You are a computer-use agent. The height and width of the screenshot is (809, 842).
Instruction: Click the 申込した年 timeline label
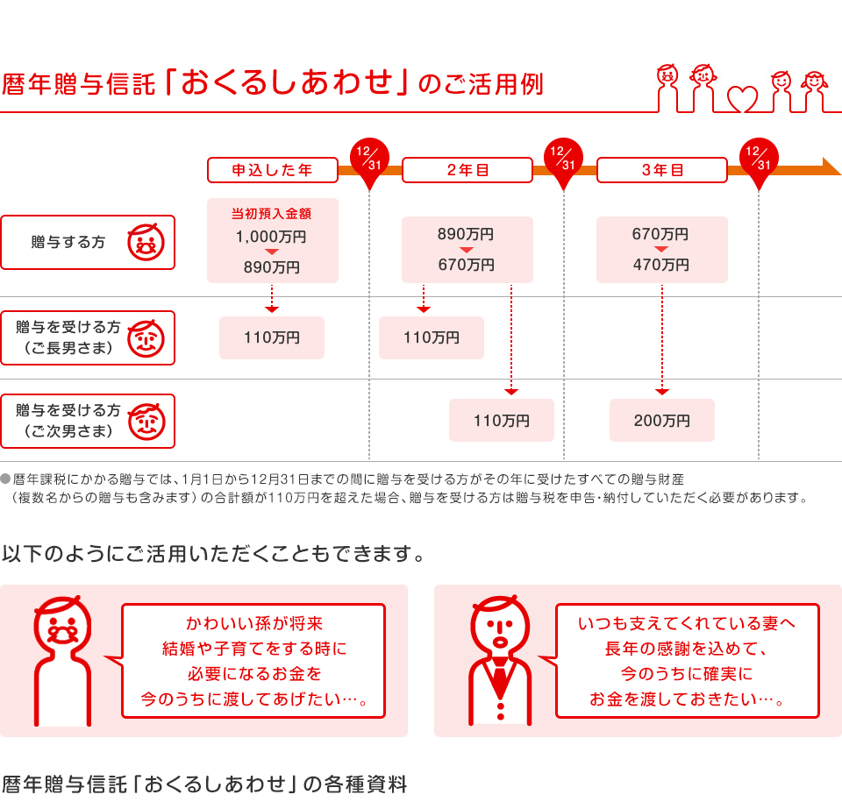pyautogui.click(x=272, y=170)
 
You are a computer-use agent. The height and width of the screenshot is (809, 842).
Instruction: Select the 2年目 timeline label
pyautogui.click(x=467, y=170)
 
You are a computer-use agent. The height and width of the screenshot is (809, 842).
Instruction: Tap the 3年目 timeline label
pyautogui.click(x=662, y=170)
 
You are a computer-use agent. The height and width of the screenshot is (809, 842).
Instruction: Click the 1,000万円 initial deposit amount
pyautogui.click(x=271, y=237)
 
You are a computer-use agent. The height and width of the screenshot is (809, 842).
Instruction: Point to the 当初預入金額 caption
pyautogui.click(x=272, y=214)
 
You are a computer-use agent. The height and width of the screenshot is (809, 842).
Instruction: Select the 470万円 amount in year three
pyautogui.click(x=661, y=265)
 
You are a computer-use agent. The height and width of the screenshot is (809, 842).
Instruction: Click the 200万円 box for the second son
pyautogui.click(x=662, y=420)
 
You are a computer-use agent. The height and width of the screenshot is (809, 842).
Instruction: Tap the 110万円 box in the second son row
pyautogui.click(x=502, y=420)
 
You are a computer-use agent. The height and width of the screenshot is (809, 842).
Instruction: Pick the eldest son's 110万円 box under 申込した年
pyautogui.click(x=272, y=337)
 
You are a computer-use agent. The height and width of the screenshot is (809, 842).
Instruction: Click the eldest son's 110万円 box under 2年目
pyautogui.click(x=432, y=337)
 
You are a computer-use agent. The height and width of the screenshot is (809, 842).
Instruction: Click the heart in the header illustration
pyautogui.click(x=742, y=99)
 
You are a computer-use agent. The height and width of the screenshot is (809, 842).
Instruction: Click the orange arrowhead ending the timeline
pyautogui.click(x=831, y=167)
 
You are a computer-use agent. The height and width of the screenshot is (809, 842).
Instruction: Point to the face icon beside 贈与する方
pyautogui.click(x=146, y=243)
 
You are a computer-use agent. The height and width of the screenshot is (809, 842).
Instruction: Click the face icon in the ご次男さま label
pyautogui.click(x=146, y=422)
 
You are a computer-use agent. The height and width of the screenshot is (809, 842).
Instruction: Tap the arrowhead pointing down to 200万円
pyautogui.click(x=662, y=392)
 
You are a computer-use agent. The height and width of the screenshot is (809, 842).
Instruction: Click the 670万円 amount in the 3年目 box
pyautogui.click(x=660, y=234)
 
